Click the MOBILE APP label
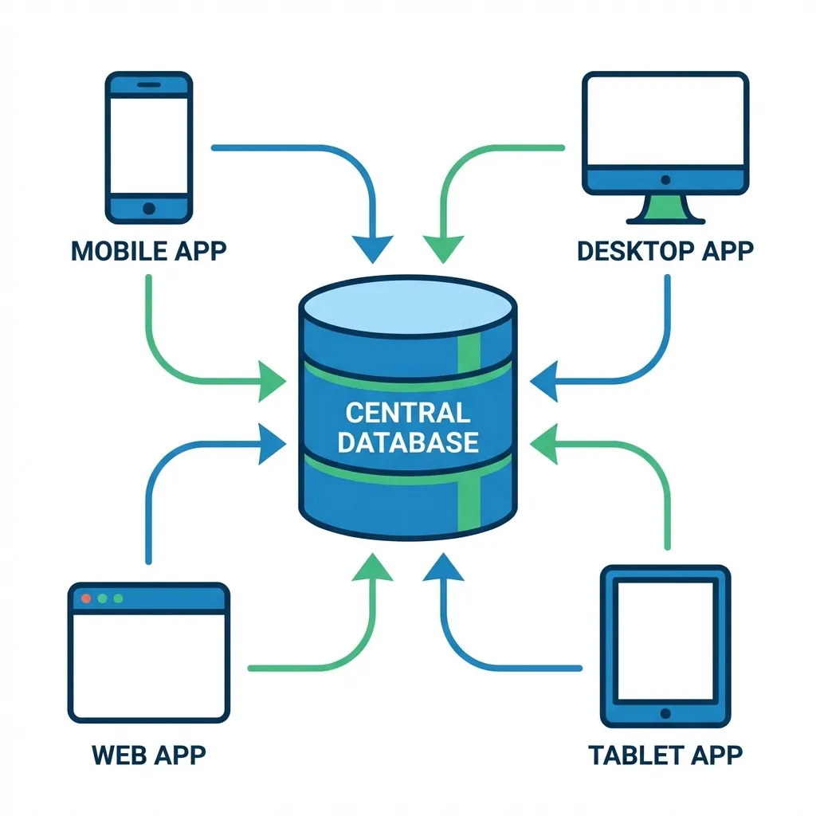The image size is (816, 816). tap(148, 250)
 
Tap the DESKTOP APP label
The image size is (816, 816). tap(665, 250)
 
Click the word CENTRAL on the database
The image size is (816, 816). tap(407, 413)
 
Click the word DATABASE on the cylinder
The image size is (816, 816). tap(407, 442)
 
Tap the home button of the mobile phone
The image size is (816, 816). tap(148, 209)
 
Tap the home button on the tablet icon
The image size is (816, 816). tap(665, 713)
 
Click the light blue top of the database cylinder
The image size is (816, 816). tap(407, 307)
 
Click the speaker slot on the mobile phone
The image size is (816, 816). tap(148, 84)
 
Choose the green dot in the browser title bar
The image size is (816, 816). tap(119, 598)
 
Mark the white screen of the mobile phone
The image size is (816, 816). tap(148, 145)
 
